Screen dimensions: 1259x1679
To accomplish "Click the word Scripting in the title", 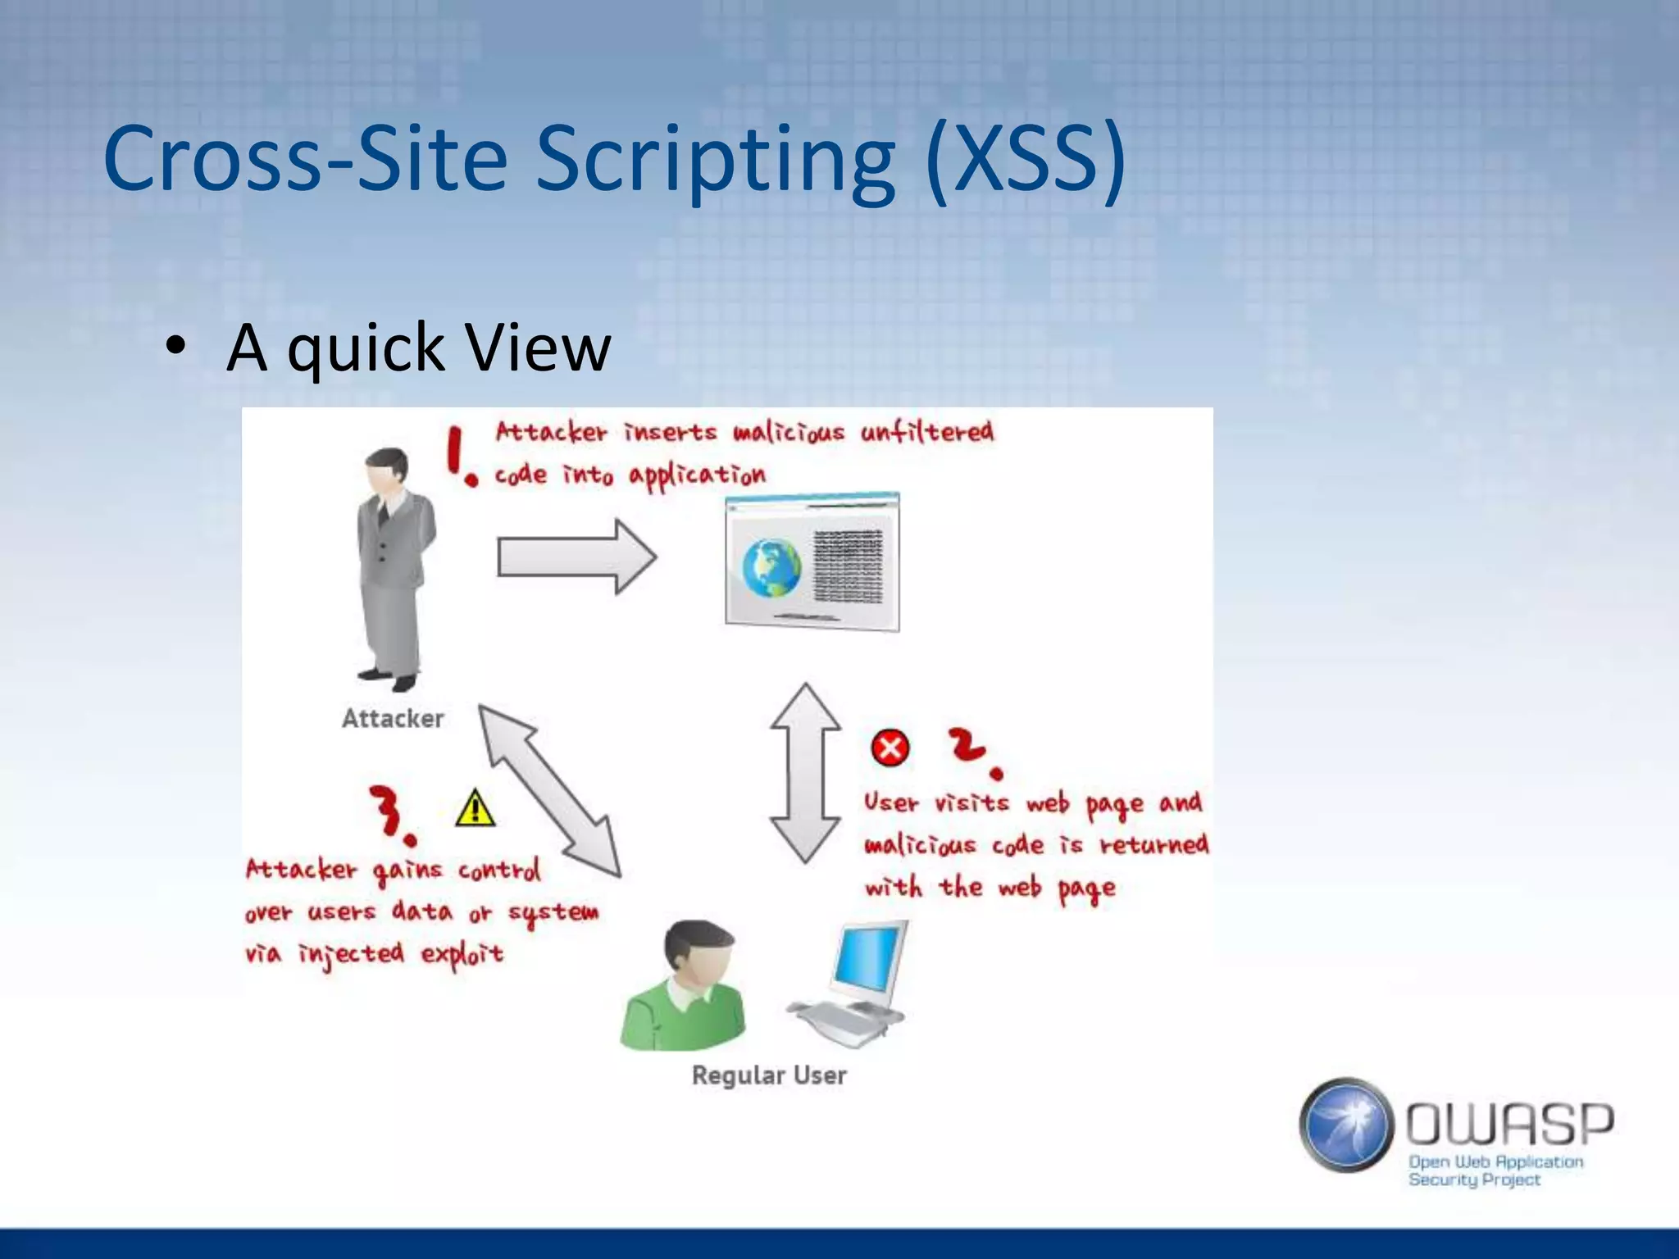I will [715, 160].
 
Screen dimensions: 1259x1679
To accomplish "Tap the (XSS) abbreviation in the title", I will [1025, 160].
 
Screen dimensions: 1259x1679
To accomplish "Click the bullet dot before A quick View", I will [175, 348].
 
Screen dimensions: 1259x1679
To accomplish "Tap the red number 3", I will [390, 813].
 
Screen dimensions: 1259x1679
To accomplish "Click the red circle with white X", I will [890, 748].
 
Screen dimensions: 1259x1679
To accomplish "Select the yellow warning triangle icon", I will [475, 809].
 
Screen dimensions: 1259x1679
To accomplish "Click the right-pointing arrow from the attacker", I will [576, 557].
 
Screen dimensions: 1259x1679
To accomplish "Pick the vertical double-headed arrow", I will [806, 773].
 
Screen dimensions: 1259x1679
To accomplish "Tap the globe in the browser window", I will [771, 568].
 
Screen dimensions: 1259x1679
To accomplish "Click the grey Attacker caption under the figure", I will [393, 719].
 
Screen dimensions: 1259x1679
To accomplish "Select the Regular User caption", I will [769, 1075].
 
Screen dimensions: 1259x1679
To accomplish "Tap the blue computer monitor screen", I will [869, 959].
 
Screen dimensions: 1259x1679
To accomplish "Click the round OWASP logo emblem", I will [1346, 1125].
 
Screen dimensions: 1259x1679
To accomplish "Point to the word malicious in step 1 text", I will [788, 432].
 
